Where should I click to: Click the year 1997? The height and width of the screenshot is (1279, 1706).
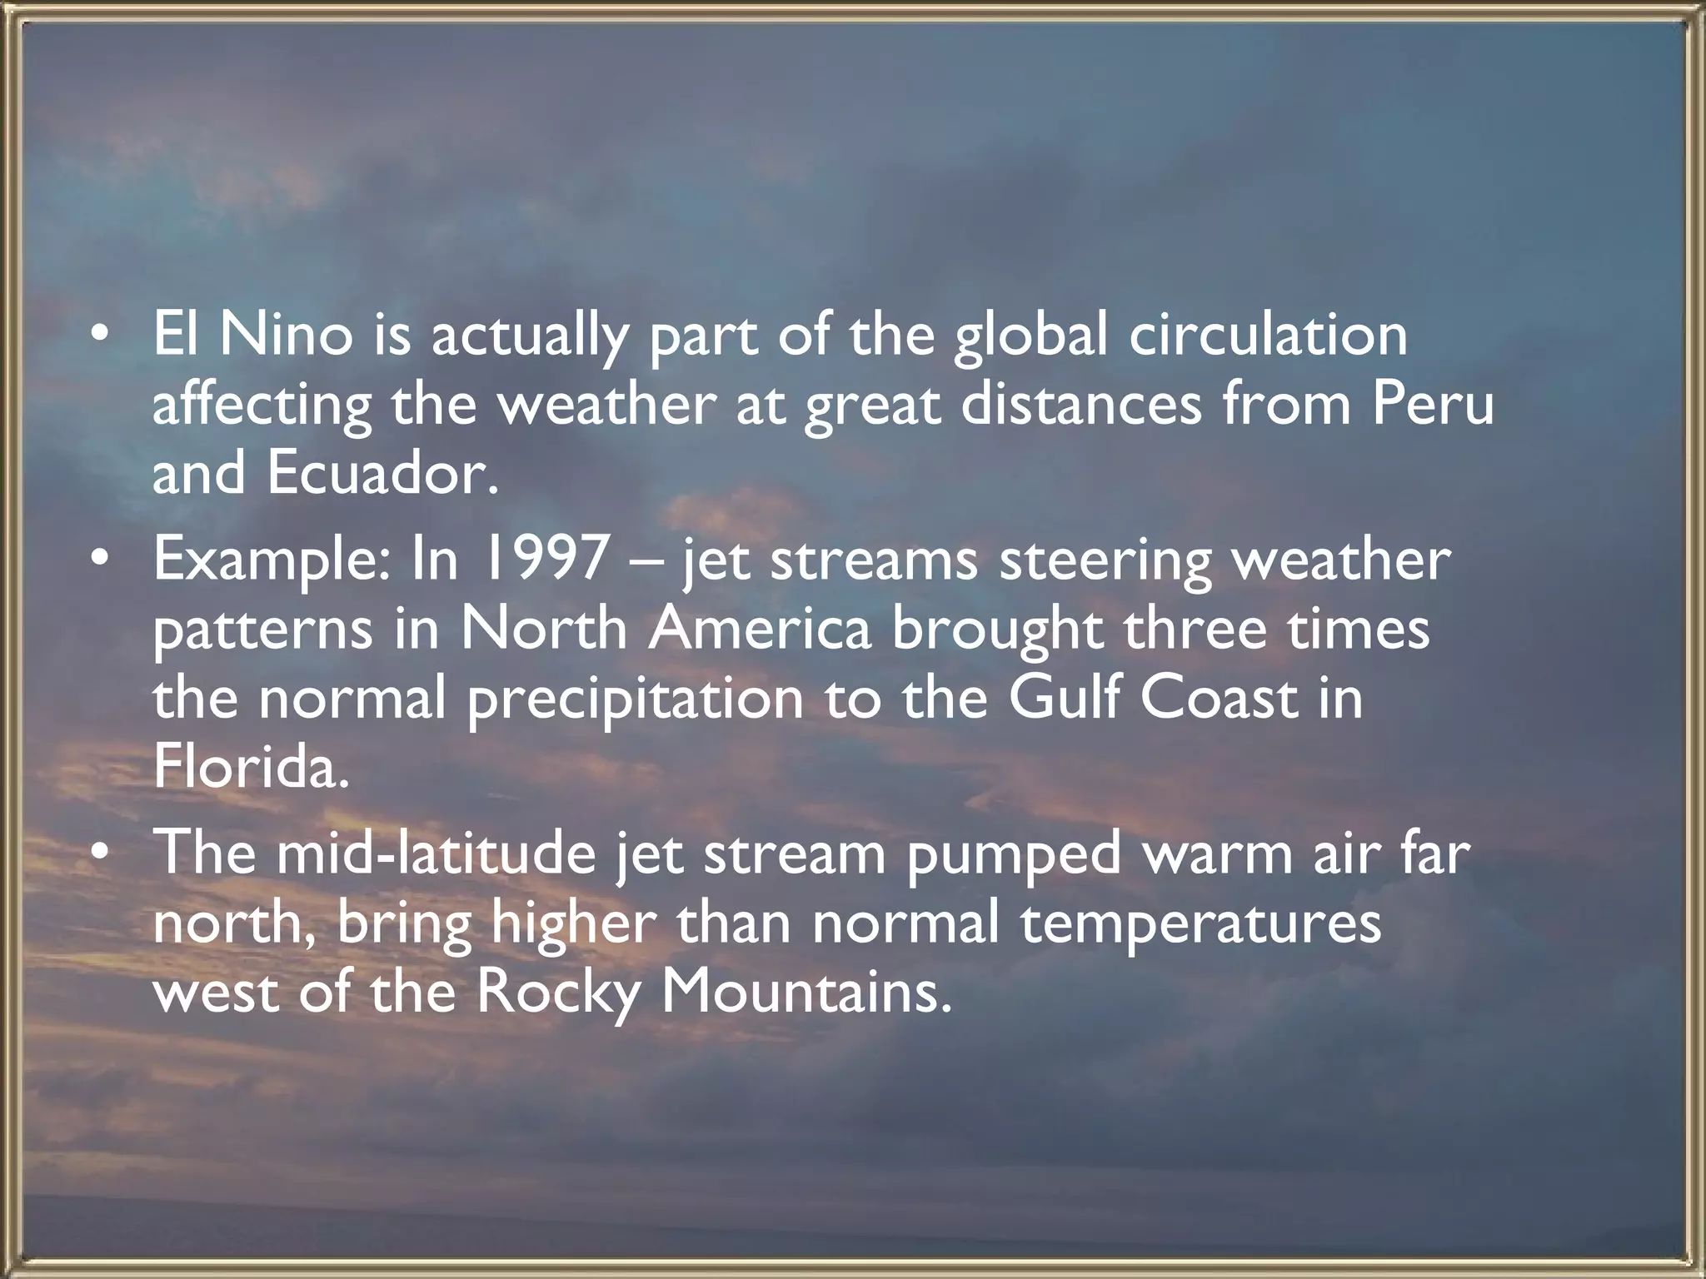pyautogui.click(x=546, y=560)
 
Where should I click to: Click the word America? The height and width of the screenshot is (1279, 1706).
pyautogui.click(x=760, y=629)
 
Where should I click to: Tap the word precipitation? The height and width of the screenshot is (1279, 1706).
pyautogui.click(x=635, y=700)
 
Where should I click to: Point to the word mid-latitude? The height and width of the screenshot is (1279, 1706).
pyautogui.click(x=436, y=853)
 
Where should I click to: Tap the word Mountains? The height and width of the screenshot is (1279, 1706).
pyautogui.click(x=806, y=993)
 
